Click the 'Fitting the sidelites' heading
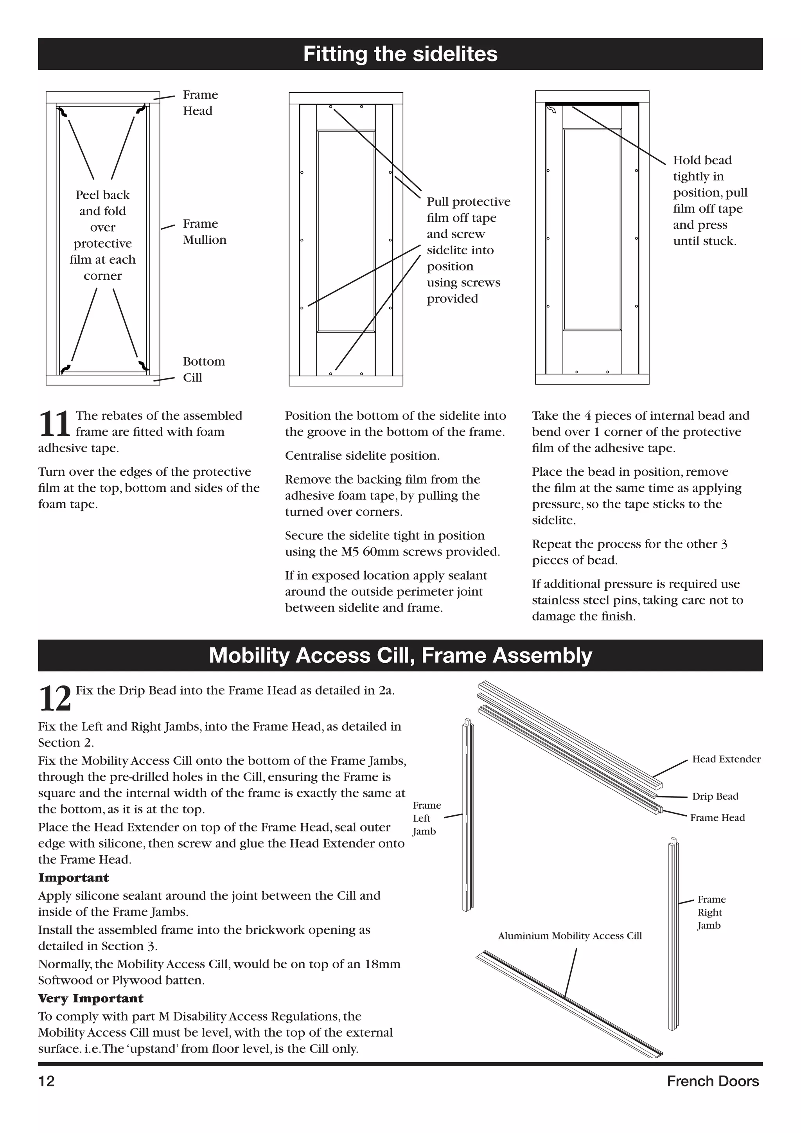(400, 54)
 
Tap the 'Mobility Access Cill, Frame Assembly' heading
(400, 655)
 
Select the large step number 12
(54, 699)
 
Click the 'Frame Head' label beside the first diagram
(200, 103)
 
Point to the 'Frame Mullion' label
(204, 232)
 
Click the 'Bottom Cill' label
(203, 369)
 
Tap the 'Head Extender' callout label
(726, 759)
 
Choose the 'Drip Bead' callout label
(715, 796)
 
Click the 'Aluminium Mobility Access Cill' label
(570, 935)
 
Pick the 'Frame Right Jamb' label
(711, 912)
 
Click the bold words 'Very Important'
(91, 998)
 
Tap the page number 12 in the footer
(47, 1081)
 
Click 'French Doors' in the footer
(712, 1081)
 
